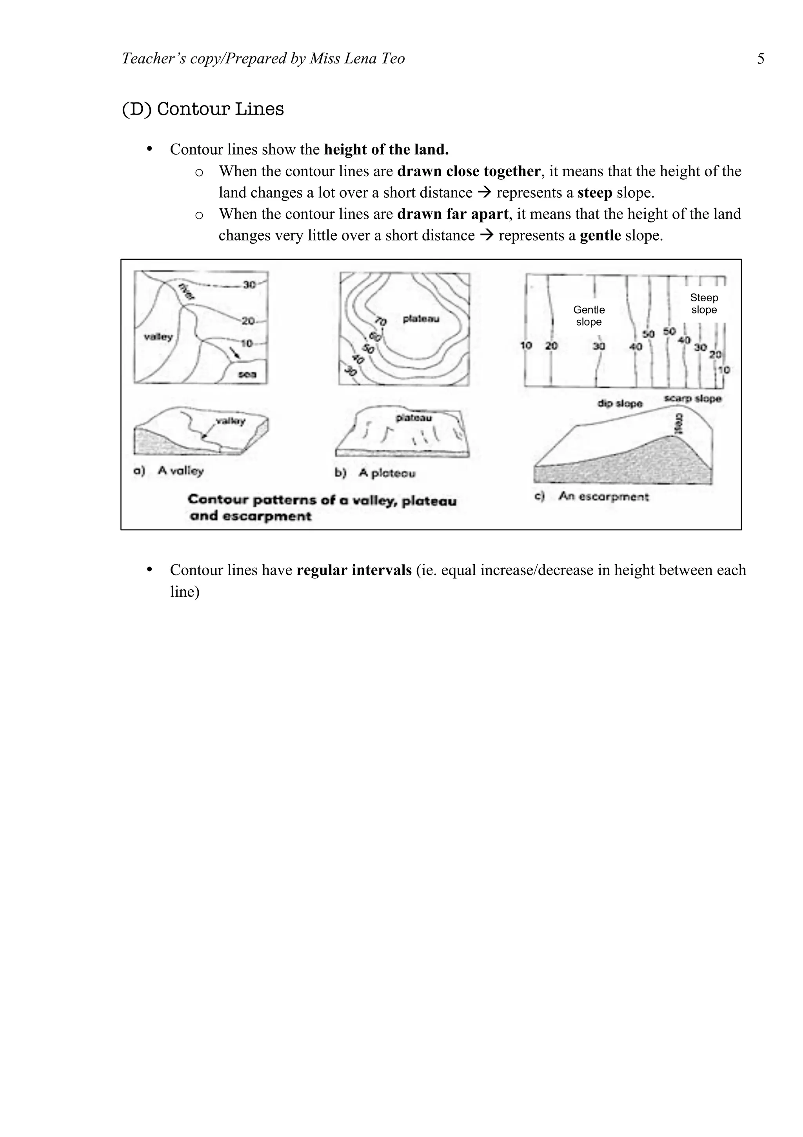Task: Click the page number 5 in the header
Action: (760, 59)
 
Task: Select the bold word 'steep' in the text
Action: (595, 193)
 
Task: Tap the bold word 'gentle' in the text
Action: (600, 235)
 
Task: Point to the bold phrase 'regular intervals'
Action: (354, 570)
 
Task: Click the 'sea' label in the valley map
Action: (247, 374)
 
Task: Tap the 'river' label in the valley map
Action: (187, 291)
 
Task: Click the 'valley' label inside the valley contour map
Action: (158, 337)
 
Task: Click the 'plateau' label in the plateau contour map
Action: (421, 319)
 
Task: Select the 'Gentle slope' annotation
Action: (589, 315)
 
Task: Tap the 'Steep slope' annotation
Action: (703, 304)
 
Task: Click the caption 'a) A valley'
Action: (169, 470)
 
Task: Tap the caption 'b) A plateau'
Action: (375, 473)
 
